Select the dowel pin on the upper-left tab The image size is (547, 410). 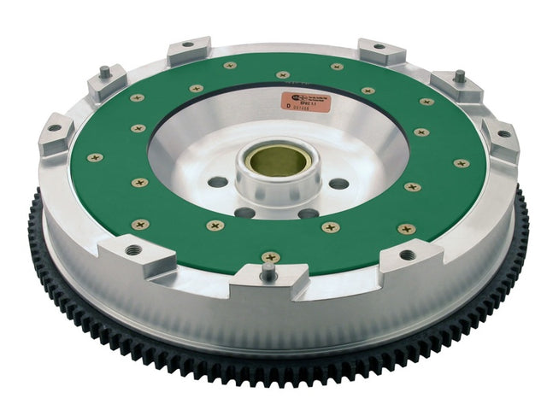(x=103, y=73)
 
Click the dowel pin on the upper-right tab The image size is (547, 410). (x=459, y=76)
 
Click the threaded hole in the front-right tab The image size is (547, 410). (x=408, y=254)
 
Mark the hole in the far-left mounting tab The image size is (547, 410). (x=54, y=128)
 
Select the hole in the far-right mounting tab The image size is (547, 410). (x=503, y=133)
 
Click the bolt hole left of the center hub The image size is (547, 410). (x=218, y=182)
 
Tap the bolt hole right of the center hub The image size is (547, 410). (x=338, y=184)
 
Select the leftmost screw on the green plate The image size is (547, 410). (x=94, y=157)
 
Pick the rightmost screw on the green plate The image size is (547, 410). (x=462, y=163)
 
